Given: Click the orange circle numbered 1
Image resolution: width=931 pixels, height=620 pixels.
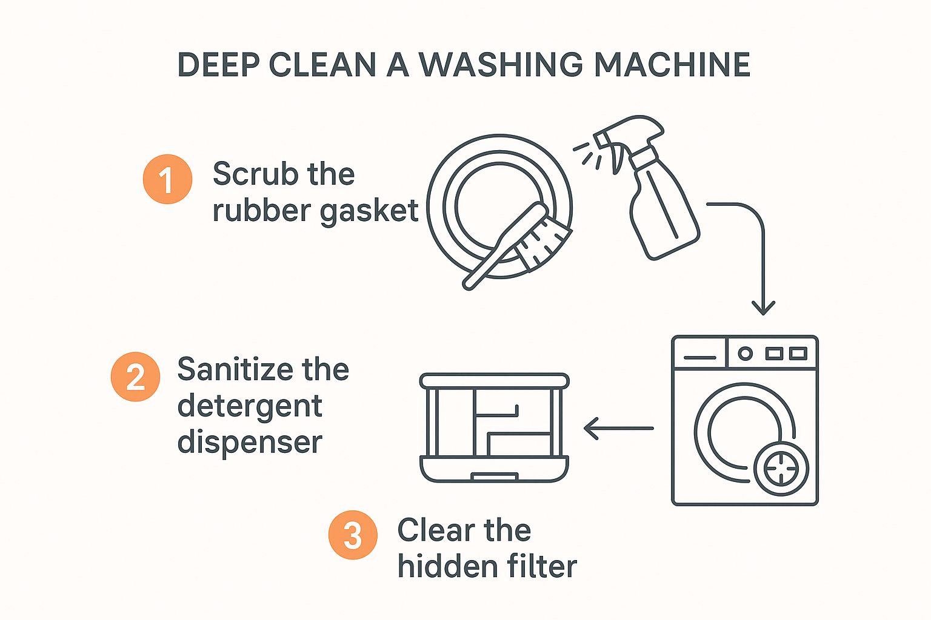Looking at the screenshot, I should (x=167, y=179).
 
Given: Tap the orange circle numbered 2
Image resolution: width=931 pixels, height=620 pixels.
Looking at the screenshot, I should (x=135, y=377).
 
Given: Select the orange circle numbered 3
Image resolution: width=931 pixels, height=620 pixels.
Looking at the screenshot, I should (x=353, y=535).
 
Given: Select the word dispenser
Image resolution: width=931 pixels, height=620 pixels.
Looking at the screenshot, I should (x=249, y=442).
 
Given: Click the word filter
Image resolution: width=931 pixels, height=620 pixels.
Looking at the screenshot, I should (x=542, y=567).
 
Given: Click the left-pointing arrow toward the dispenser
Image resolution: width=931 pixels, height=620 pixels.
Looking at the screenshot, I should (x=618, y=428).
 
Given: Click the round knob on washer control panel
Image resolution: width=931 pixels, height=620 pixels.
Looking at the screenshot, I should (x=745, y=353).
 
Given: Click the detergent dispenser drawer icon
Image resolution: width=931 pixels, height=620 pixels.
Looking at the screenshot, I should (x=494, y=427).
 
